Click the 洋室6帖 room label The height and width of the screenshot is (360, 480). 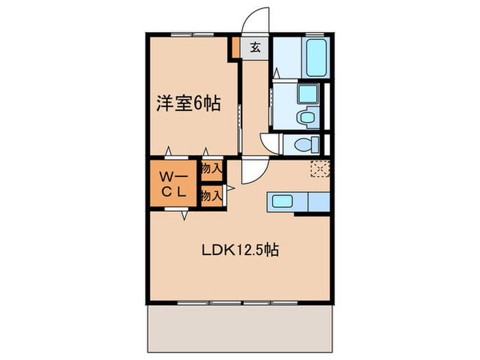click(188, 104)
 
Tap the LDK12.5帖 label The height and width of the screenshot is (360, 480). click(239, 251)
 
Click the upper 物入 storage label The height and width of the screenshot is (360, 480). click(211, 168)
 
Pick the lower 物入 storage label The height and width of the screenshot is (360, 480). click(211, 195)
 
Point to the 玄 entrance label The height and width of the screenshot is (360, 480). click(255, 48)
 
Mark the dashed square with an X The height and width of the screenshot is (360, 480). click(320, 169)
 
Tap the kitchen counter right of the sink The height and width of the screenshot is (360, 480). click(318, 202)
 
